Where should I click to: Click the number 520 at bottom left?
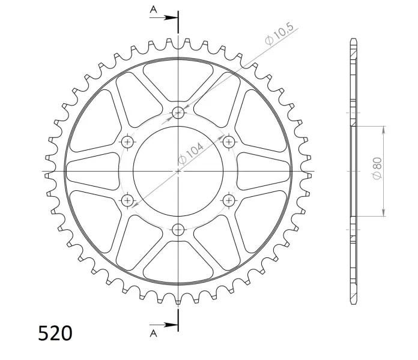point(55,333)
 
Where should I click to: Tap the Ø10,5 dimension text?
point(279,34)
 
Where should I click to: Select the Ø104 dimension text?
point(190,154)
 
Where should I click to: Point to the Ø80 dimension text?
point(377,169)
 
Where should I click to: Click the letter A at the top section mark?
point(153,10)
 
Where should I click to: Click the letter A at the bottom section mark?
point(153,334)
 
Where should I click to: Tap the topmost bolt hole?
point(178,113)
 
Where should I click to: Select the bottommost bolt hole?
point(178,230)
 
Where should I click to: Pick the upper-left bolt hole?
point(128,142)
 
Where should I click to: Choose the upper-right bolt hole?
point(229,142)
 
